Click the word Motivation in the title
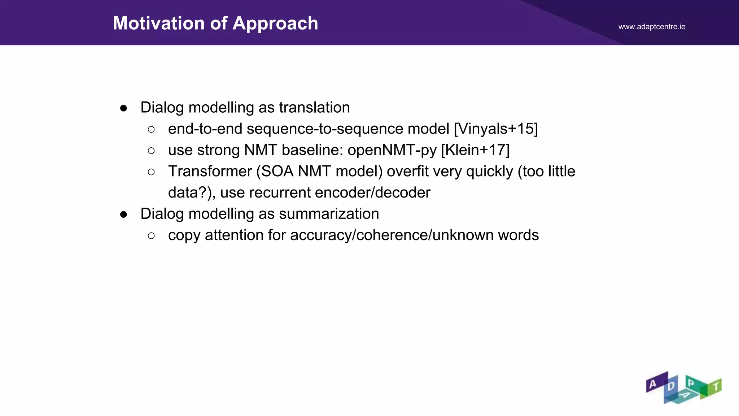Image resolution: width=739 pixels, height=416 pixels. [159, 23]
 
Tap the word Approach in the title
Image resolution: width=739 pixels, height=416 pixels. [275, 23]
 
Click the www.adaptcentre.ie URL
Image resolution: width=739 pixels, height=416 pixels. [652, 27]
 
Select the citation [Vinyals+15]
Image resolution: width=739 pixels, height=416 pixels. [496, 129]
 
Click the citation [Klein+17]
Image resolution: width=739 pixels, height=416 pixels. [475, 150]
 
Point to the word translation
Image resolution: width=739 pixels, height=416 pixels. [314, 108]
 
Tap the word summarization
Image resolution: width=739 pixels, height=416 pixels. [329, 214]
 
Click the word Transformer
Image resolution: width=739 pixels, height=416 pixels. [210, 172]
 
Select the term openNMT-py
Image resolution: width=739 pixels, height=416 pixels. [392, 150]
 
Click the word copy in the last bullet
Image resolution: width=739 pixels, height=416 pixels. [184, 235]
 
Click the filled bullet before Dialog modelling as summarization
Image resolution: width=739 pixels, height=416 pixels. [124, 214]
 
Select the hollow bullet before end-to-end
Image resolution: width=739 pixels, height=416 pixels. [151, 129]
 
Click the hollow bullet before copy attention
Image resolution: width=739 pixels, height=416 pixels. [151, 236]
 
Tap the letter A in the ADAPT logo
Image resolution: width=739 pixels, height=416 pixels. [652, 384]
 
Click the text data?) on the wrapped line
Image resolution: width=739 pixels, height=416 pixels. [192, 193]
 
